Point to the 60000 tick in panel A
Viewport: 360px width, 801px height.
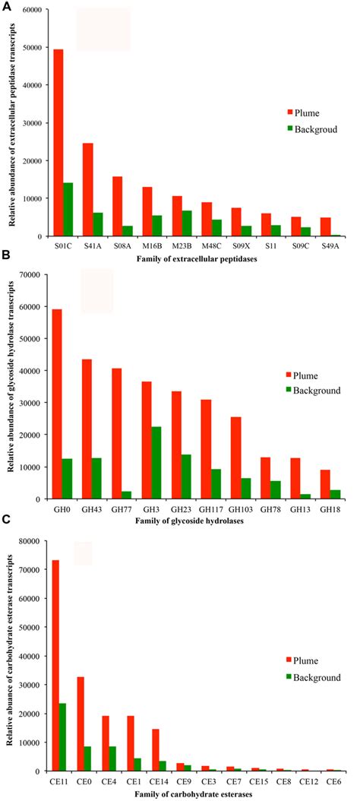pyautogui.click(x=32, y=10)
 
